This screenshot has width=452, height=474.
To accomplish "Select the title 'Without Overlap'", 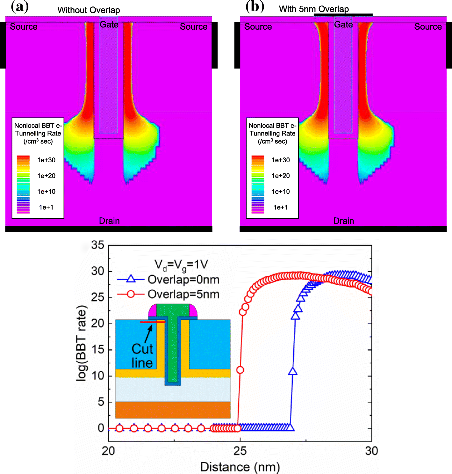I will tap(89, 10).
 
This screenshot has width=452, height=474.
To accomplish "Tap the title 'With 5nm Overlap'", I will tap(314, 9).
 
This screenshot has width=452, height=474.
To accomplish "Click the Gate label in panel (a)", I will tap(109, 25).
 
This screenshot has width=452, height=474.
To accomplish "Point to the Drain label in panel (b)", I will tap(343, 221).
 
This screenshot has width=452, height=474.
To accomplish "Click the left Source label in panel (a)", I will tap(24, 27).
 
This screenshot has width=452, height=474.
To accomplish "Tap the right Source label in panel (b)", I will tap(428, 27).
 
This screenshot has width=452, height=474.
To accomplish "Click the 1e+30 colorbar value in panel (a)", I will tap(46, 160).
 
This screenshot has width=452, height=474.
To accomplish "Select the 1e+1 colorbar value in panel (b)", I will tap(280, 207).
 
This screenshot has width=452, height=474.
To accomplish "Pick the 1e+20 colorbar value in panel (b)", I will tap(281, 176).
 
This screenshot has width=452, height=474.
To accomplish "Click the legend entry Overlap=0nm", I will tap(183, 280).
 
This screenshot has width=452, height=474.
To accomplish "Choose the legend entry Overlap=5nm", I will tap(183, 294).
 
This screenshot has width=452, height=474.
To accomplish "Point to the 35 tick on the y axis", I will tap(97, 245).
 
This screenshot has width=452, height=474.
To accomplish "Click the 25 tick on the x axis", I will tap(240, 451).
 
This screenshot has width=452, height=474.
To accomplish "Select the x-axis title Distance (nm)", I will tap(240, 467).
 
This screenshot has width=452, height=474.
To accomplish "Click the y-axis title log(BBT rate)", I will tap(82, 343).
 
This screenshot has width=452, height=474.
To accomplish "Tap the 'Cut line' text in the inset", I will tap(142, 356).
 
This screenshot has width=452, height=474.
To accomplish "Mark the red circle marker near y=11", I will tap(240, 370).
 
